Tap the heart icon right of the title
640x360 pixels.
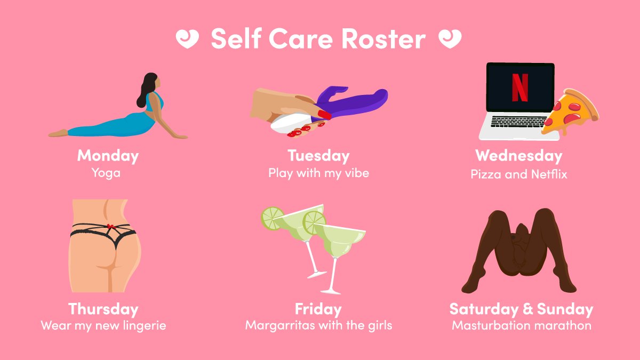coord(449,38)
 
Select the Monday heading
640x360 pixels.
coord(108,156)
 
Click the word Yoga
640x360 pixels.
coord(106,173)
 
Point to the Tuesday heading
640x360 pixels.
coord(318,156)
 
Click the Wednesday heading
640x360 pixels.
coord(518,156)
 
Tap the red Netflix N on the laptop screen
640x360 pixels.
coord(519,87)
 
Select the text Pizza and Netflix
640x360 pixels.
coord(518,174)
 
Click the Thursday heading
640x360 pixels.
coord(103,309)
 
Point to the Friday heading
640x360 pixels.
coord(318,309)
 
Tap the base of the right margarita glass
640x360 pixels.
coord(331,291)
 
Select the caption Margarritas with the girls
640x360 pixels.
coord(318,325)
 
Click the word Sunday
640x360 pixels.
coord(565,309)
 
